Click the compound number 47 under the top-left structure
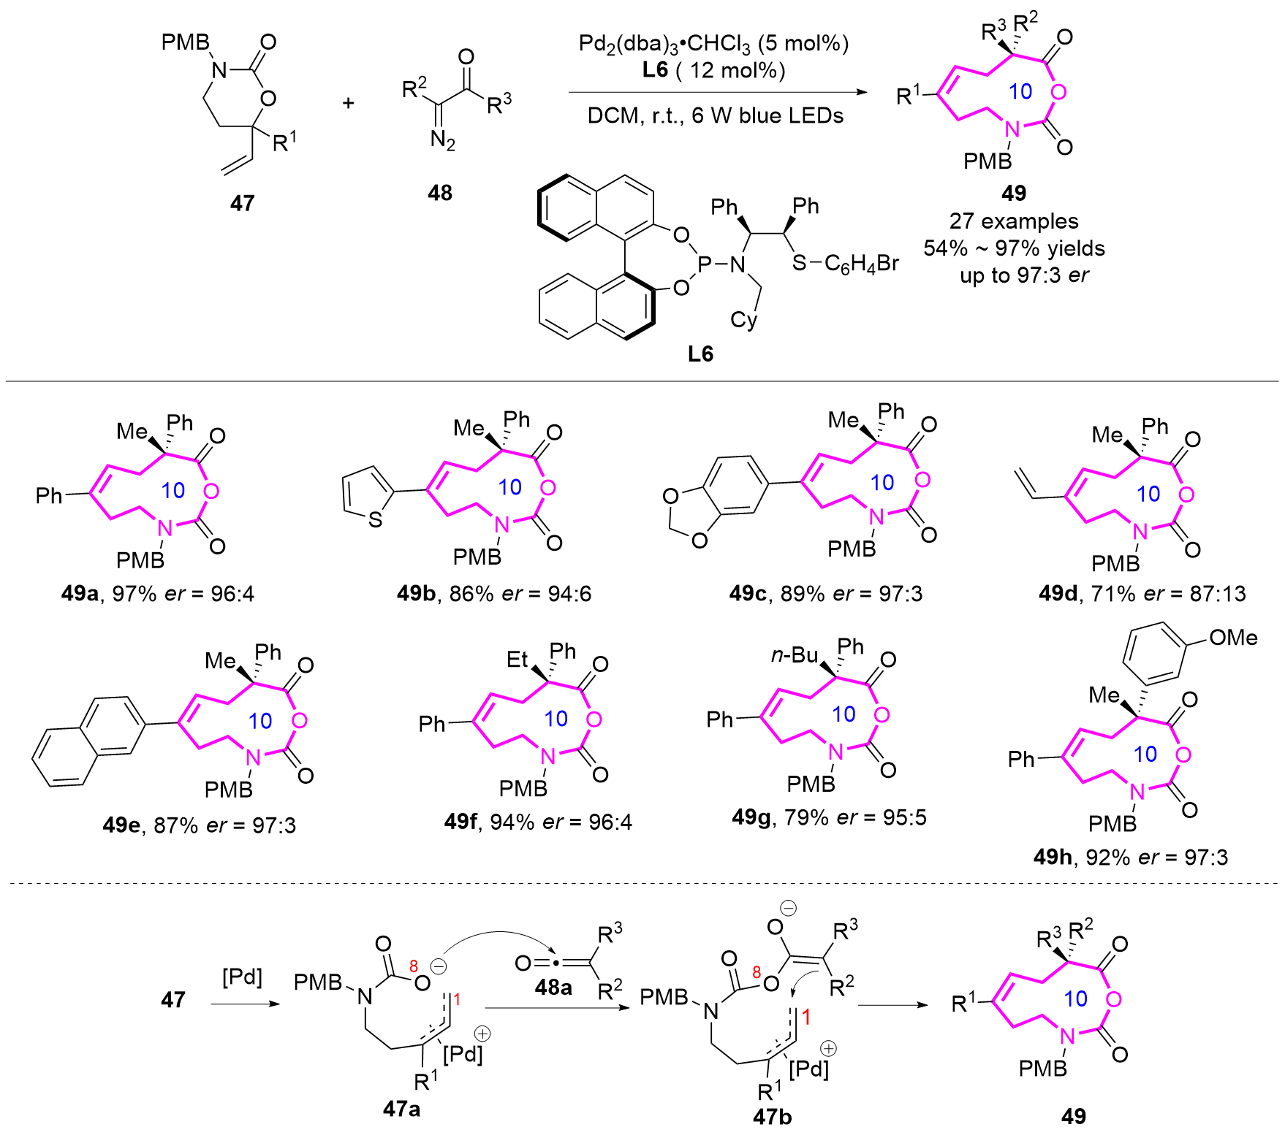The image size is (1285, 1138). [x=242, y=203]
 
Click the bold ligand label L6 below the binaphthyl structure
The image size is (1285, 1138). [x=700, y=354]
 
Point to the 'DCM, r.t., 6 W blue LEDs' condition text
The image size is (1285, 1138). [x=715, y=116]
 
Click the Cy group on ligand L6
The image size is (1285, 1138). [x=743, y=321]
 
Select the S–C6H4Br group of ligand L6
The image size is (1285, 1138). [x=846, y=264]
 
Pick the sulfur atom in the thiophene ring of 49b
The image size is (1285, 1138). [x=376, y=520]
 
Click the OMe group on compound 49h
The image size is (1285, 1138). [x=1233, y=638]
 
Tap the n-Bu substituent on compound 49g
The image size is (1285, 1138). [x=795, y=655]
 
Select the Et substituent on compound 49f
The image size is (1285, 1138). [x=517, y=660]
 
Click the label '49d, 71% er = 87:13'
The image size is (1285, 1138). [x=1142, y=594]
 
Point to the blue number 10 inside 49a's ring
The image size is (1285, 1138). [x=173, y=490]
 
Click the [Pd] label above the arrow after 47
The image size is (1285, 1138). [x=242, y=977]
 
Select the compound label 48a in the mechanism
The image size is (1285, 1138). [x=553, y=988]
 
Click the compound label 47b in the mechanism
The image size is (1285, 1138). [x=772, y=1117]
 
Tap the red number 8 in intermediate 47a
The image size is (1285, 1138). [x=414, y=966]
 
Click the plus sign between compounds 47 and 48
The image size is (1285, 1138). [x=349, y=103]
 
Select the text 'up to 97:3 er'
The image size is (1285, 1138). [x=1023, y=275]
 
